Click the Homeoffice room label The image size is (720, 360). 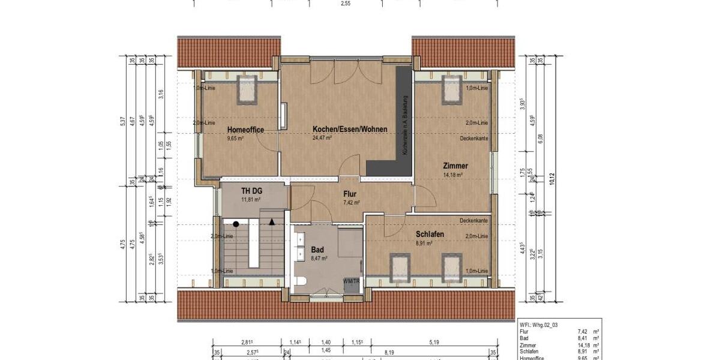click(x=245, y=130)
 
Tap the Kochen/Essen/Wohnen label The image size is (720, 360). click(x=350, y=129)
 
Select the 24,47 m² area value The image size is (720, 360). click(x=322, y=137)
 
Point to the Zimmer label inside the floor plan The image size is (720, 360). click(x=455, y=166)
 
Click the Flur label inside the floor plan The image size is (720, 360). click(x=350, y=194)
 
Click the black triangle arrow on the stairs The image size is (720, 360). click(x=272, y=222)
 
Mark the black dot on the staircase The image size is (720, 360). click(x=236, y=224)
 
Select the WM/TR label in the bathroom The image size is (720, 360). click(x=352, y=281)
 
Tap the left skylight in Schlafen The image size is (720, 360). click(x=398, y=267)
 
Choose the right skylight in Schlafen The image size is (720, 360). click(x=452, y=267)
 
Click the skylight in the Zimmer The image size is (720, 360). click(x=452, y=90)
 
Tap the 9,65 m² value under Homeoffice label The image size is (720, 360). click(x=236, y=138)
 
